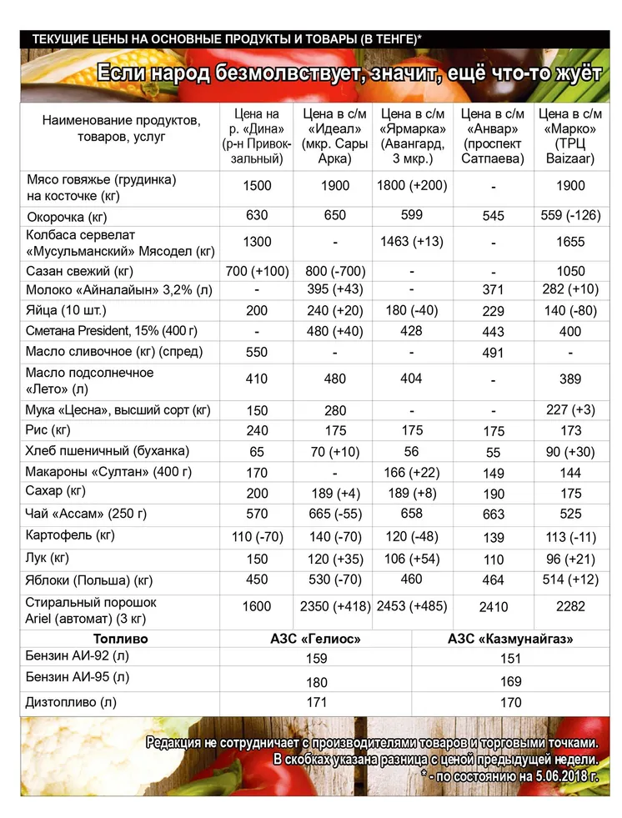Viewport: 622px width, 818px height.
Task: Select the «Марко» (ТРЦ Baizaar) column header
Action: pyautogui.click(x=570, y=137)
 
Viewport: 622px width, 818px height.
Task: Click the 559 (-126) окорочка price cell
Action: pyautogui.click(x=570, y=215)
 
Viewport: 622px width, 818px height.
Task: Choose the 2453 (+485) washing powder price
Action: pyautogui.click(x=414, y=606)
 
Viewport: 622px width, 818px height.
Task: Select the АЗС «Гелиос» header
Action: pyautogui.click(x=317, y=640)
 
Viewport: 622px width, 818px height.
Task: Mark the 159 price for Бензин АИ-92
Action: pyautogui.click(x=317, y=660)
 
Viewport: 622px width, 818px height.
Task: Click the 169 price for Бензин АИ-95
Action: pyautogui.click(x=511, y=682)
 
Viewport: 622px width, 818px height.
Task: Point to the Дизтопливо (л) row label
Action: pyautogui.click(x=73, y=703)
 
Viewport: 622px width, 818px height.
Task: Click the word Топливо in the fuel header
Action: pyautogui.click(x=120, y=640)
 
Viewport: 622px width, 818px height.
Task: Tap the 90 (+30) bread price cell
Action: pyautogui.click(x=570, y=451)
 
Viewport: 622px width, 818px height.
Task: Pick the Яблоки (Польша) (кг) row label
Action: pyautogui.click(x=90, y=580)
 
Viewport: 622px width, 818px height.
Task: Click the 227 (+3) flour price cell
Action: pyautogui.click(x=570, y=409)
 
